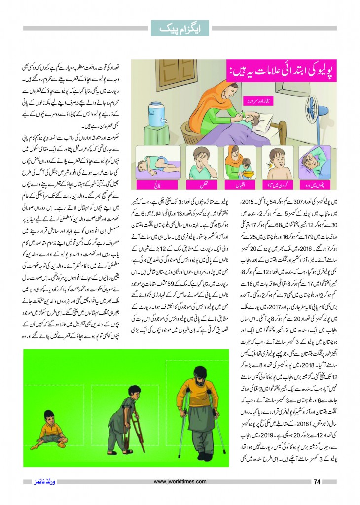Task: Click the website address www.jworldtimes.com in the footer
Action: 180,482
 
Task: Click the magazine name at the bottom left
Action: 39,482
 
